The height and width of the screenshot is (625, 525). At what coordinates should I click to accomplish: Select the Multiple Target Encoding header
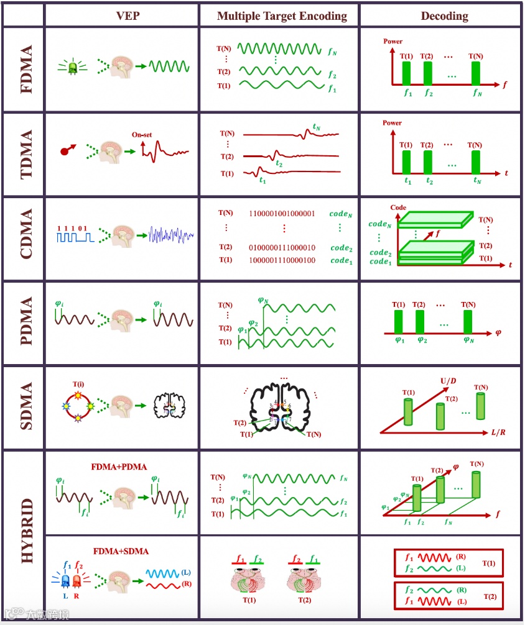click(282, 16)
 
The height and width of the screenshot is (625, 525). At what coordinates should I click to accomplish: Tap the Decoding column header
click(444, 16)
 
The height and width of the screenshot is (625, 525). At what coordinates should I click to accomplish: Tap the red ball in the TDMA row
click(64, 150)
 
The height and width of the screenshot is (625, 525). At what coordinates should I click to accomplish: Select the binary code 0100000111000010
click(282, 247)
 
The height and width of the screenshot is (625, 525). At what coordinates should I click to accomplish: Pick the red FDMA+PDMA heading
click(118, 467)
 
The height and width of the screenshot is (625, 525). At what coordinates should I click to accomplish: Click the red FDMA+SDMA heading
click(121, 550)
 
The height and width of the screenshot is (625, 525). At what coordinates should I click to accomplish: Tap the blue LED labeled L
click(67, 581)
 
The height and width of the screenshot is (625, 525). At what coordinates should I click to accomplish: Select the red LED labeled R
click(77, 581)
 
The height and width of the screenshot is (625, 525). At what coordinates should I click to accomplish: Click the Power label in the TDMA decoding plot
click(393, 123)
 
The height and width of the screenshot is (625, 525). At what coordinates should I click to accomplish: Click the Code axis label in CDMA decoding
click(398, 208)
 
